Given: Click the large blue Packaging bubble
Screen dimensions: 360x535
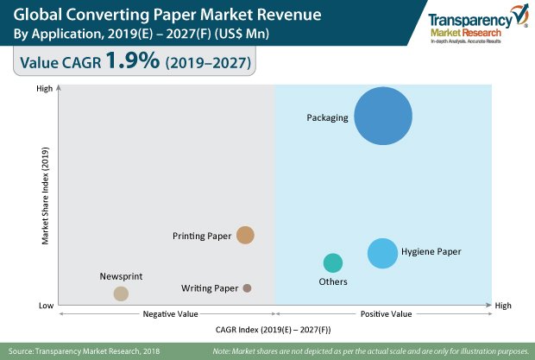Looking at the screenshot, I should click(x=383, y=116).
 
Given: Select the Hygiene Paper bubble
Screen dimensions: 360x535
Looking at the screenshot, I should click(x=382, y=253).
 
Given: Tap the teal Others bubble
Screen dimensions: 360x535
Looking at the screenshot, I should click(x=333, y=263).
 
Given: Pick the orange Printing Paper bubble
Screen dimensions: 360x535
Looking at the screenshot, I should click(x=246, y=235).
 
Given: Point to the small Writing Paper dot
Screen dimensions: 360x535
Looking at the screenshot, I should click(x=247, y=287).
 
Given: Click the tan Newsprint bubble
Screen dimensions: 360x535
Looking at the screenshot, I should click(x=122, y=294).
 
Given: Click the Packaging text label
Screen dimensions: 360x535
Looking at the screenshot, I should click(x=327, y=117).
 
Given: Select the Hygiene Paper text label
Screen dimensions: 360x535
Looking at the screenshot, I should click(x=431, y=252).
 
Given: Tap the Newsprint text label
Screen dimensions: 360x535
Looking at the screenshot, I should click(x=121, y=276).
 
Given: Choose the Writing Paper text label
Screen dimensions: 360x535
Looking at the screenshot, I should click(x=210, y=287).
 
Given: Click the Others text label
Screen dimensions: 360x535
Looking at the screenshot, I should click(x=333, y=282).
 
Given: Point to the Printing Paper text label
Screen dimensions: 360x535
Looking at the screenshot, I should click(x=202, y=235).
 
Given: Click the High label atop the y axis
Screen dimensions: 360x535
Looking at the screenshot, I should click(x=43, y=88).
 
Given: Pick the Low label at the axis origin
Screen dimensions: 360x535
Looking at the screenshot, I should click(x=45, y=306).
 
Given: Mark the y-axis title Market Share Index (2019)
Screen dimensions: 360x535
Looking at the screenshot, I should click(x=45, y=197).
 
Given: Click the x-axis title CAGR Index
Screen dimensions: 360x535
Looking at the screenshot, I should click(x=273, y=330).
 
